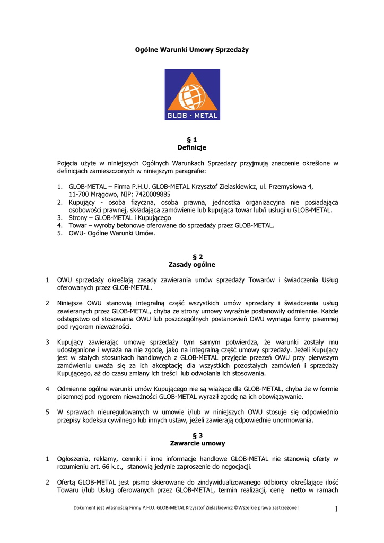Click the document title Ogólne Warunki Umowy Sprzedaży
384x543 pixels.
click(x=191, y=50)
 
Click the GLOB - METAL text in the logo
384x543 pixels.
click(x=192, y=115)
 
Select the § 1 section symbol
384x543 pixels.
click(x=191, y=139)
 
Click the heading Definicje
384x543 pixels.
click(x=191, y=147)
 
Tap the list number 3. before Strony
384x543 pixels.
click(x=60, y=217)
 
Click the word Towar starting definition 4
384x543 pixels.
click(x=78, y=225)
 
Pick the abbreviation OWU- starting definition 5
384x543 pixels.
click(x=78, y=233)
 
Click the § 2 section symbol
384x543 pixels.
click(x=191, y=256)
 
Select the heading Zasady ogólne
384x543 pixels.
click(x=191, y=264)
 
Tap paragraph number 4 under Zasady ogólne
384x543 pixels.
click(x=47, y=389)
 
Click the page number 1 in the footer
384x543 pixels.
click(x=337, y=510)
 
